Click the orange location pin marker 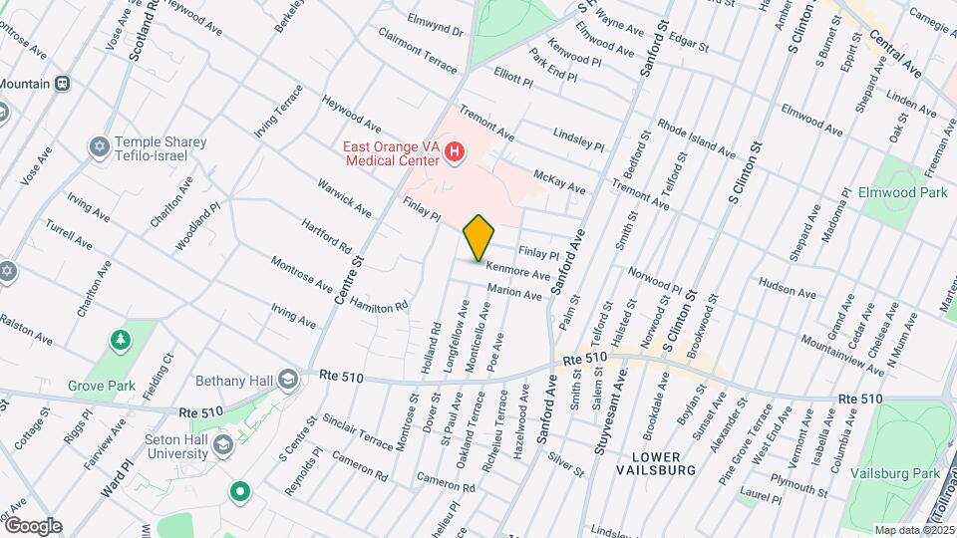[x=479, y=238]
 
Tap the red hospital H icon [x=455, y=152]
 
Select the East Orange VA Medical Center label [x=389, y=152]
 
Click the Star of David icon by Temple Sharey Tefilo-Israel [x=98, y=148]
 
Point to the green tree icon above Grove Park [x=121, y=341]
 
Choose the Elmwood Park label [x=903, y=191]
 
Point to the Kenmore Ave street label [x=518, y=270]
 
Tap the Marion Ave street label [x=514, y=292]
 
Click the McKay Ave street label [x=559, y=180]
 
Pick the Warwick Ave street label [x=344, y=198]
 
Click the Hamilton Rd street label [x=380, y=300]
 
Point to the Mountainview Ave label [x=842, y=355]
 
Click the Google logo [x=32, y=526]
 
